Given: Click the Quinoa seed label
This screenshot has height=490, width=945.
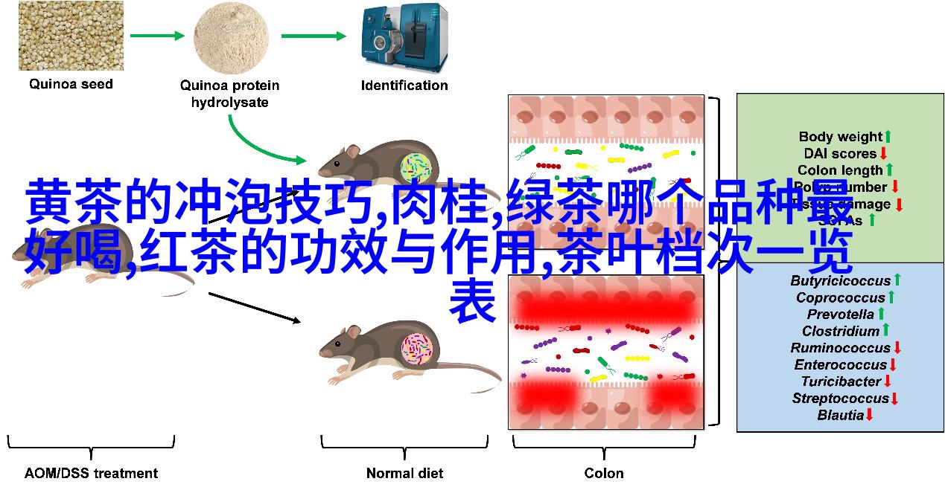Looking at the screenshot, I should tap(71, 84).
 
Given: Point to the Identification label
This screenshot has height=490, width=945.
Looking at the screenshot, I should tap(404, 86).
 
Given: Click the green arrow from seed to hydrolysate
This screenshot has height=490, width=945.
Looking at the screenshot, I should tap(157, 35).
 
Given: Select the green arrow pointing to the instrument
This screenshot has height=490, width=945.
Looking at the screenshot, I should tap(314, 35).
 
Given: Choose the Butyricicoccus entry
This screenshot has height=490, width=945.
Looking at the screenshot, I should tap(841, 280).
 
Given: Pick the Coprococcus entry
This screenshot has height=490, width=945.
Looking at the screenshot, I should tap(840, 297).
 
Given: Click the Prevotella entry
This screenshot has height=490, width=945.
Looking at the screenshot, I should tap(840, 315).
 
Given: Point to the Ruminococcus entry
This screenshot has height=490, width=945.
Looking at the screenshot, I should tap(841, 348).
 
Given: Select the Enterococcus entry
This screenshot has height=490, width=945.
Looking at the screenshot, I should tap(840, 365).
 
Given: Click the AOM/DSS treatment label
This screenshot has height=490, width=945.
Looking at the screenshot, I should tap(91, 473).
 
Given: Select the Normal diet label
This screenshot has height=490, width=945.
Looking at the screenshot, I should tap(404, 473).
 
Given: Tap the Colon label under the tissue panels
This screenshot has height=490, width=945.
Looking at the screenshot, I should tap(604, 473).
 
